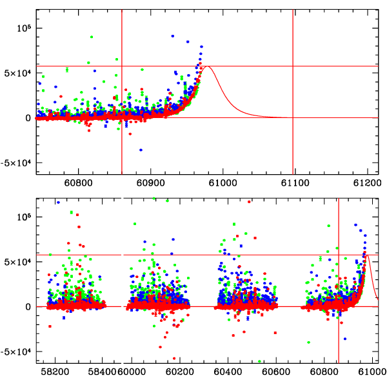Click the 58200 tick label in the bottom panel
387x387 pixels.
pos(55,373)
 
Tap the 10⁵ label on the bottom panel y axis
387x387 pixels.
pos(24,216)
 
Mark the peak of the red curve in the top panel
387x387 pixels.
pos(207,66)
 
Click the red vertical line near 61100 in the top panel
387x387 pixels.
pos(293,97)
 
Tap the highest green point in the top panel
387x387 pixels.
pos(92,37)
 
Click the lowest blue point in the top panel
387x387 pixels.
pos(141,150)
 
